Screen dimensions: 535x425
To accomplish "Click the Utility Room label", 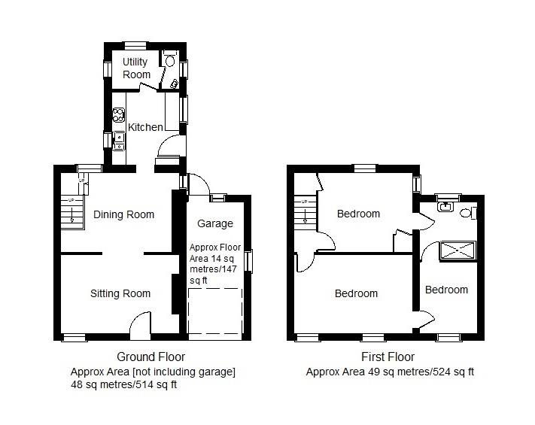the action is click(x=136, y=68).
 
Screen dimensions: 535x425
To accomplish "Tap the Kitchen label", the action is click(x=145, y=127).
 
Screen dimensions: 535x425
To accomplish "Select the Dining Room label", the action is click(x=124, y=214).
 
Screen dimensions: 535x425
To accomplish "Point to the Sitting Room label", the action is click(x=120, y=293).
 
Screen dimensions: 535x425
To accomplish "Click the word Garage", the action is click(x=215, y=223).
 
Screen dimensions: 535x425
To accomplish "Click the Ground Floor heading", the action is click(x=150, y=357).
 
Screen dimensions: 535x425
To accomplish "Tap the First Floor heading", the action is click(x=388, y=357).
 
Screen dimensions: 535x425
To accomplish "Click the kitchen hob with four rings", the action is click(x=119, y=115).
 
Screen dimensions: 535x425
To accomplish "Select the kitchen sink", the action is click(x=119, y=141).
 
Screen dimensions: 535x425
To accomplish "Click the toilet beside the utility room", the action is click(x=169, y=60).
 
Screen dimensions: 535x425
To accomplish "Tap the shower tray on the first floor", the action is click(x=457, y=250).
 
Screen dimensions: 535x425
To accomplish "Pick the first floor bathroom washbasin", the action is click(x=445, y=207).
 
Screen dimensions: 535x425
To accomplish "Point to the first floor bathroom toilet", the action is click(x=467, y=214).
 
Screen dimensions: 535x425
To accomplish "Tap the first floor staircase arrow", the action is click(x=305, y=216).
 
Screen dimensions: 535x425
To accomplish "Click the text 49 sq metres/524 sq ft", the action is click(x=421, y=372).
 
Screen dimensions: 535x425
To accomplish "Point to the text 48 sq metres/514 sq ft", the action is click(x=124, y=384).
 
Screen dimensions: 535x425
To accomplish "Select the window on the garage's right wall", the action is click(x=249, y=261).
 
